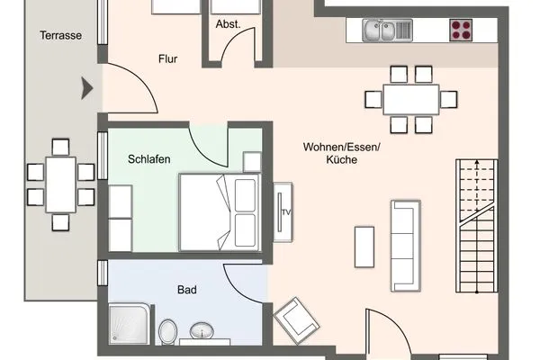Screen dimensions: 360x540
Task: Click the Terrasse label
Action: pyautogui.click(x=61, y=36)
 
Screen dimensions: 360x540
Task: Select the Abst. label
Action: pyautogui.click(x=228, y=24)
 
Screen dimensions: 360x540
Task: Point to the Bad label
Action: pyautogui.click(x=187, y=291)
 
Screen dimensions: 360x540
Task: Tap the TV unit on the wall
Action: pyautogui.click(x=284, y=211)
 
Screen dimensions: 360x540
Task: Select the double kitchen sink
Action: pyautogui.click(x=388, y=31)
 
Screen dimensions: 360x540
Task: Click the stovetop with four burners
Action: pyautogui.click(x=462, y=30)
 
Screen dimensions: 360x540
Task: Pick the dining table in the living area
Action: pyautogui.click(x=410, y=98)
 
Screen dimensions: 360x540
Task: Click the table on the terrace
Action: pyautogui.click(x=60, y=184)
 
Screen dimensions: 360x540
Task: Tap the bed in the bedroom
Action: pyautogui.click(x=219, y=212)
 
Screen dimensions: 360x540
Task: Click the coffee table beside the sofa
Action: pyautogui.click(x=364, y=246)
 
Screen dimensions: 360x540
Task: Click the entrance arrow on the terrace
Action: pyautogui.click(x=87, y=88)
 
